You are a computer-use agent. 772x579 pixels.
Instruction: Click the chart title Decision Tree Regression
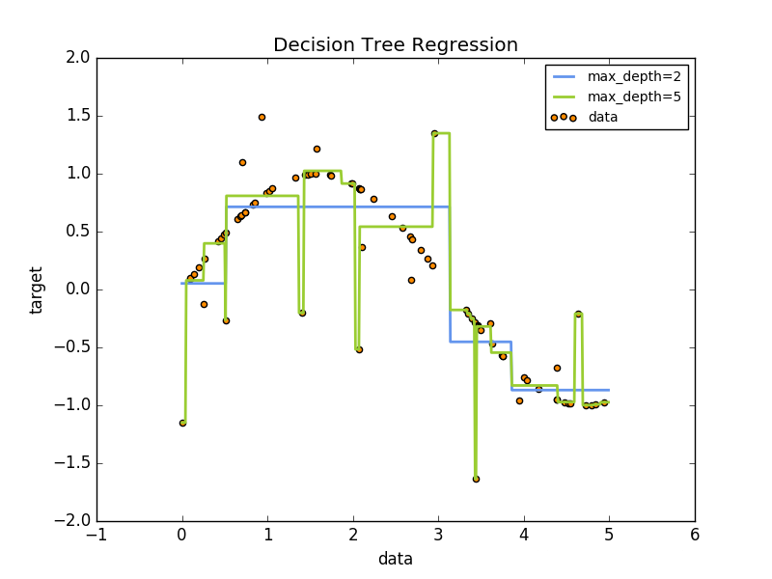(x=396, y=45)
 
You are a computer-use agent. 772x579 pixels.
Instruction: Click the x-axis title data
(x=396, y=559)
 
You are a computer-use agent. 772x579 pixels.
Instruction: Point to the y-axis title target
(x=38, y=289)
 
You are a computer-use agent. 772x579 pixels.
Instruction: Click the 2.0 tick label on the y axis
(x=79, y=58)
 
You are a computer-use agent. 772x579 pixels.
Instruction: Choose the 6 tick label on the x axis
(x=695, y=535)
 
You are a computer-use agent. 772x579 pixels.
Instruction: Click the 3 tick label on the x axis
(x=438, y=535)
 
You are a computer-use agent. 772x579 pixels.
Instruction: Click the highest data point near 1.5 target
(x=262, y=117)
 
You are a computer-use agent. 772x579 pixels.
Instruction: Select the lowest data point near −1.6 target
(x=476, y=479)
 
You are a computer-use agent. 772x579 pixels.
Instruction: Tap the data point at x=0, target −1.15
(x=182, y=423)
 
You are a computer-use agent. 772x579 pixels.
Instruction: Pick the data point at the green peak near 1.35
(x=434, y=133)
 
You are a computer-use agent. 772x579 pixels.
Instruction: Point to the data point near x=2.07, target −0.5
(x=359, y=349)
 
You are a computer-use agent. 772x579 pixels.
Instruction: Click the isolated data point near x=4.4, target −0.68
(x=557, y=368)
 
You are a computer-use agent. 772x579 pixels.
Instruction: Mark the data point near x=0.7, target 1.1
(x=242, y=162)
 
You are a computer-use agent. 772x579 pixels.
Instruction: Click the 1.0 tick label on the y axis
(x=79, y=174)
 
